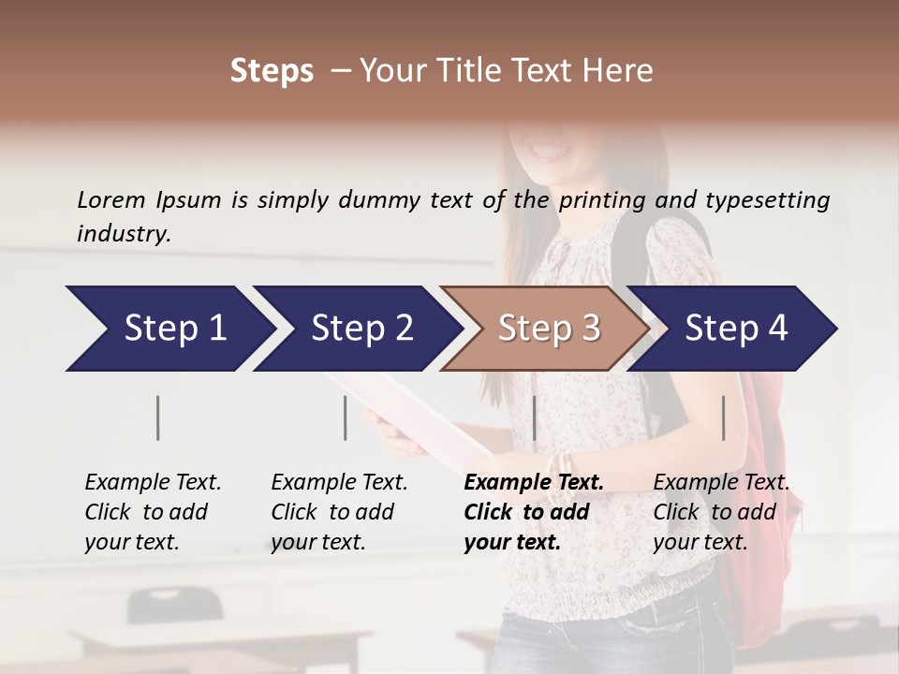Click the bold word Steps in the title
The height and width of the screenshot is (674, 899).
272,71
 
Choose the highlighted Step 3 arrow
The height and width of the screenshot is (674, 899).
548,329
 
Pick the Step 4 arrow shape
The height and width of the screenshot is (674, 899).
736,329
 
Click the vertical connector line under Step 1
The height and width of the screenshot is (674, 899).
158,418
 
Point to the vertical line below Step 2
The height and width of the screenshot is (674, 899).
346,418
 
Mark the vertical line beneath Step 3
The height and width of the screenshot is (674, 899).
534,418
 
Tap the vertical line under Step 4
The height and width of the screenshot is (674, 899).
723,418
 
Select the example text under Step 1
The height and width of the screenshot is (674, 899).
153,512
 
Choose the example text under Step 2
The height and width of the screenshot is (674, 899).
339,512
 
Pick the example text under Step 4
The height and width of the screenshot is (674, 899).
721,512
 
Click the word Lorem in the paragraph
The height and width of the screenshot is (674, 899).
111,199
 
